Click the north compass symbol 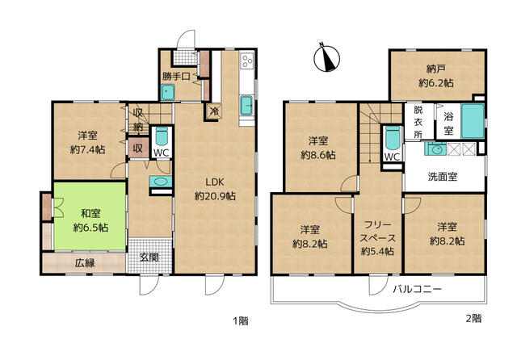(x=326, y=57)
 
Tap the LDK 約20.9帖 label (x=215, y=189)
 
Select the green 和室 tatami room (x=90, y=216)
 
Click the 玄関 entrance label (x=149, y=257)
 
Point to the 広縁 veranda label (x=85, y=263)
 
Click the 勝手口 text (x=177, y=77)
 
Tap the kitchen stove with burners (x=247, y=61)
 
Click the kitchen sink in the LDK (x=246, y=106)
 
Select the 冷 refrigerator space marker (x=214, y=111)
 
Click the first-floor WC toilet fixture (x=162, y=136)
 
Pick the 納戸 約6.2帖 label (x=436, y=76)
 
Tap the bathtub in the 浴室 (x=473, y=121)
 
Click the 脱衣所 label (x=418, y=122)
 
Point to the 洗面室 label (x=442, y=177)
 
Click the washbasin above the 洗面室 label (x=435, y=149)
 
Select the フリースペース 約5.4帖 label (x=377, y=238)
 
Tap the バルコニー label (x=417, y=290)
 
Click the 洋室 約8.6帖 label (x=318, y=148)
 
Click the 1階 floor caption (x=241, y=320)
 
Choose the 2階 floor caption (x=473, y=319)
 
